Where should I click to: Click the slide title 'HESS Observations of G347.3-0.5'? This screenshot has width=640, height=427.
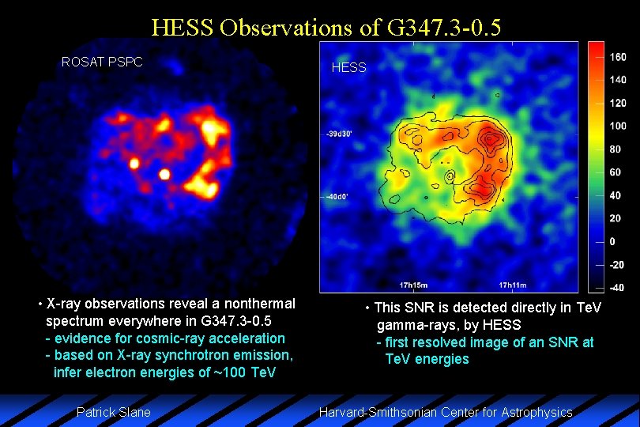(x=326, y=28)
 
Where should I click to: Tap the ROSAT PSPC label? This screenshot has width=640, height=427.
(x=102, y=62)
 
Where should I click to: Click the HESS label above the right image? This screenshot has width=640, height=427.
(x=348, y=67)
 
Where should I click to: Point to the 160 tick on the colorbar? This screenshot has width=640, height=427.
(x=617, y=57)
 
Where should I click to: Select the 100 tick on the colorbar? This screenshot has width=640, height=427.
(x=617, y=126)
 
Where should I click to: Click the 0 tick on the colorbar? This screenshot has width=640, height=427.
(x=612, y=241)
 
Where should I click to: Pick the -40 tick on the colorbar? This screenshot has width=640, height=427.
(x=617, y=287)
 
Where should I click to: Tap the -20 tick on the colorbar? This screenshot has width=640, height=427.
(x=617, y=264)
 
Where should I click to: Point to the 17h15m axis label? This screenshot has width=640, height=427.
(x=413, y=285)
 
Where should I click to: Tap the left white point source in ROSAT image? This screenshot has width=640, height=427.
(x=134, y=164)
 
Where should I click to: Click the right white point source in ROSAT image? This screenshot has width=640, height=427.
(x=164, y=174)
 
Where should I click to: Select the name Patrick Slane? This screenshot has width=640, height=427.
(x=113, y=412)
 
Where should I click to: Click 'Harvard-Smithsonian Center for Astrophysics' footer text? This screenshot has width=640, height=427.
(x=445, y=412)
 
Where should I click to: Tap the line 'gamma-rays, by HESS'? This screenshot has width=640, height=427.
(x=448, y=325)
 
